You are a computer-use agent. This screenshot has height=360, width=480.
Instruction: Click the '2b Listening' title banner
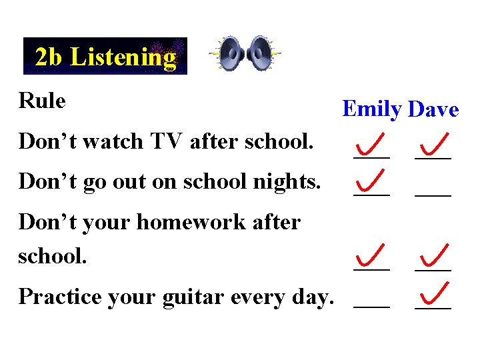pos(105,57)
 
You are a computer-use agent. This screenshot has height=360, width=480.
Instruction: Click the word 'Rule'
pos(42,101)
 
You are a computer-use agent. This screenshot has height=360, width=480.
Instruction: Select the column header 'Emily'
pos(371,109)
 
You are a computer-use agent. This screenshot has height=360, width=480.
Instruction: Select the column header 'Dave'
pos(433,109)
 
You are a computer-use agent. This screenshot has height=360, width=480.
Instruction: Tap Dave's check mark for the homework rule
pos(434,256)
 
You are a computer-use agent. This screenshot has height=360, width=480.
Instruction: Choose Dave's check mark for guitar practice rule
pos(434,293)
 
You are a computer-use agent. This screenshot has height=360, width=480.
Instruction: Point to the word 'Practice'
pos(55,296)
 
